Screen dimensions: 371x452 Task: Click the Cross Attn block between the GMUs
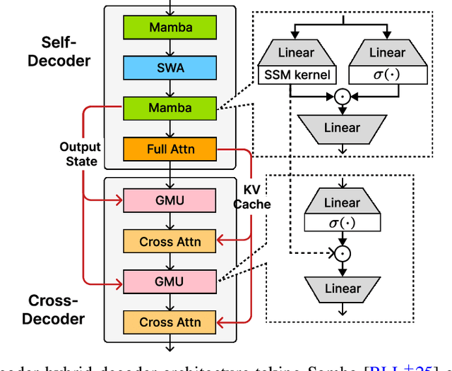tap(169, 241)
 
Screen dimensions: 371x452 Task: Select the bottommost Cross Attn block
tap(169, 322)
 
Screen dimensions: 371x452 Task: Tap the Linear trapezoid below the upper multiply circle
tap(342, 128)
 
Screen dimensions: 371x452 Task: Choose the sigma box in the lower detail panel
tap(342, 224)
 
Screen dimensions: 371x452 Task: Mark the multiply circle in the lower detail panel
tap(342, 253)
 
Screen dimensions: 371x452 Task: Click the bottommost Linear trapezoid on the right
tap(342, 288)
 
